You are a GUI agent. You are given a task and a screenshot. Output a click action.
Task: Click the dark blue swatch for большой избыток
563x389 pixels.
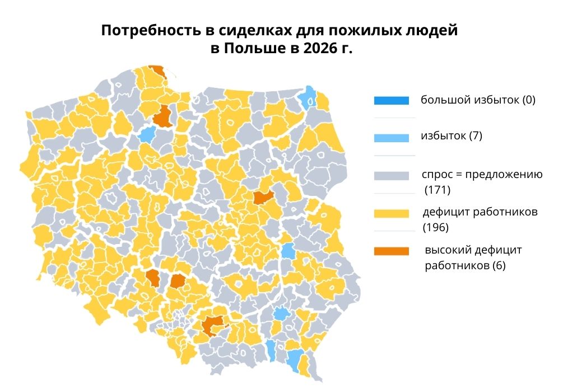pyautogui.click(x=391, y=101)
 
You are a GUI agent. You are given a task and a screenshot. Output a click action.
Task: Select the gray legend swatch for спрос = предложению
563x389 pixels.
pyautogui.click(x=391, y=176)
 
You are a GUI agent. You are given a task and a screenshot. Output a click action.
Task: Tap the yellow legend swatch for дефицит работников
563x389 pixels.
pyautogui.click(x=391, y=213)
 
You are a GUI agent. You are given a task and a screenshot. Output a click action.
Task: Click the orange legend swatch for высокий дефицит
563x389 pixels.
pyautogui.click(x=391, y=251)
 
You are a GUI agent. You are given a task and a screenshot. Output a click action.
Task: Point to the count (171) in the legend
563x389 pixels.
pyautogui.click(x=438, y=190)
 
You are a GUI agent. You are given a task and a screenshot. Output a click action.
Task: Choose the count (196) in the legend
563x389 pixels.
pyautogui.click(x=436, y=228)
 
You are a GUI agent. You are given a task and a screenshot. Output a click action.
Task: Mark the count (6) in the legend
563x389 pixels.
pyautogui.click(x=498, y=266)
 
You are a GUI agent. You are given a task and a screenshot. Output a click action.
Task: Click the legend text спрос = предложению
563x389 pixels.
pyautogui.click(x=482, y=175)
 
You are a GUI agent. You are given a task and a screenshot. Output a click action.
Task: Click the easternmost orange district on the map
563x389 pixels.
pyautogui.click(x=263, y=197)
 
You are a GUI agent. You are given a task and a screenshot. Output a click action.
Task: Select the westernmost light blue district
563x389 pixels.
pyautogui.click(x=147, y=134)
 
